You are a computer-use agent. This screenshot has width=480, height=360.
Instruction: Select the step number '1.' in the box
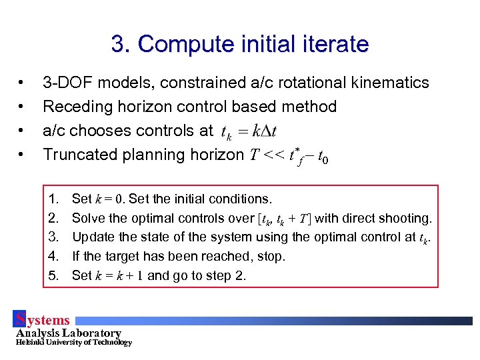coord(55,199)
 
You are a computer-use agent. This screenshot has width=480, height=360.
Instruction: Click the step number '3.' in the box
coord(55,237)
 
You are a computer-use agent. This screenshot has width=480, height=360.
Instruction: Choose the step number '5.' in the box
coord(55,275)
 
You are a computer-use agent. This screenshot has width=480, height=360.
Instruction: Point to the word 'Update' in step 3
coord(90,237)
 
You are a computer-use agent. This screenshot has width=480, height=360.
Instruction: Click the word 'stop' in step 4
coord(272,257)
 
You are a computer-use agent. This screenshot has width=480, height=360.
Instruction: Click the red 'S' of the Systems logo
coord(21,319)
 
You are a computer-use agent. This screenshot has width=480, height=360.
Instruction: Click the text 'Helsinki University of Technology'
coord(73,343)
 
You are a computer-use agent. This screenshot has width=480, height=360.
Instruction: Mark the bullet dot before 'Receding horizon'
coord(23,107)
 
